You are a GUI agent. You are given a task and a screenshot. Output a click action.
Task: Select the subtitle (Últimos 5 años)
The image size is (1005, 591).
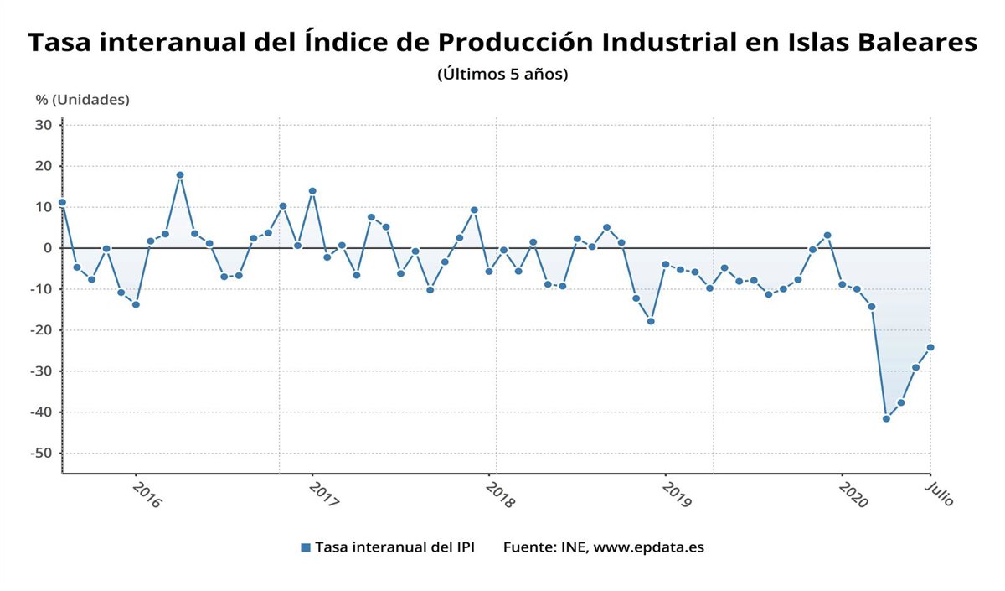[x=502, y=74]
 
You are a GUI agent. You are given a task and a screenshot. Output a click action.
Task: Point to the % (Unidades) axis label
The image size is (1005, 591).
[x=82, y=100]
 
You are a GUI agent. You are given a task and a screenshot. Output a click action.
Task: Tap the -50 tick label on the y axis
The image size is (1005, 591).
[x=42, y=453]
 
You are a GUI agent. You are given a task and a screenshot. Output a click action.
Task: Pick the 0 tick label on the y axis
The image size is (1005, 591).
[x=48, y=248]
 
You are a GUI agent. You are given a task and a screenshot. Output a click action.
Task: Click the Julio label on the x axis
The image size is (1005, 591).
[x=940, y=493]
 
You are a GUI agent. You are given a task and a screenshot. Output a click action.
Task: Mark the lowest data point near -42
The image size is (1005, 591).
[x=886, y=418]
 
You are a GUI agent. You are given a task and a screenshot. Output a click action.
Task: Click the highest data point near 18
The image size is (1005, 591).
[x=179, y=175]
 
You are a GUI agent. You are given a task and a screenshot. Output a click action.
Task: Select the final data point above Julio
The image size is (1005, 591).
[x=930, y=347]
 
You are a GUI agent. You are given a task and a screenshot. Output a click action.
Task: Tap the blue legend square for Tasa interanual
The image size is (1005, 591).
[x=306, y=547]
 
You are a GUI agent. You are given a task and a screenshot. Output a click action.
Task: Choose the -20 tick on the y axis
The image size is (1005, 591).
[x=42, y=330]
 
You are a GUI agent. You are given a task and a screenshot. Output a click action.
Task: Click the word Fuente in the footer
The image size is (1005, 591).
[x=527, y=547]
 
